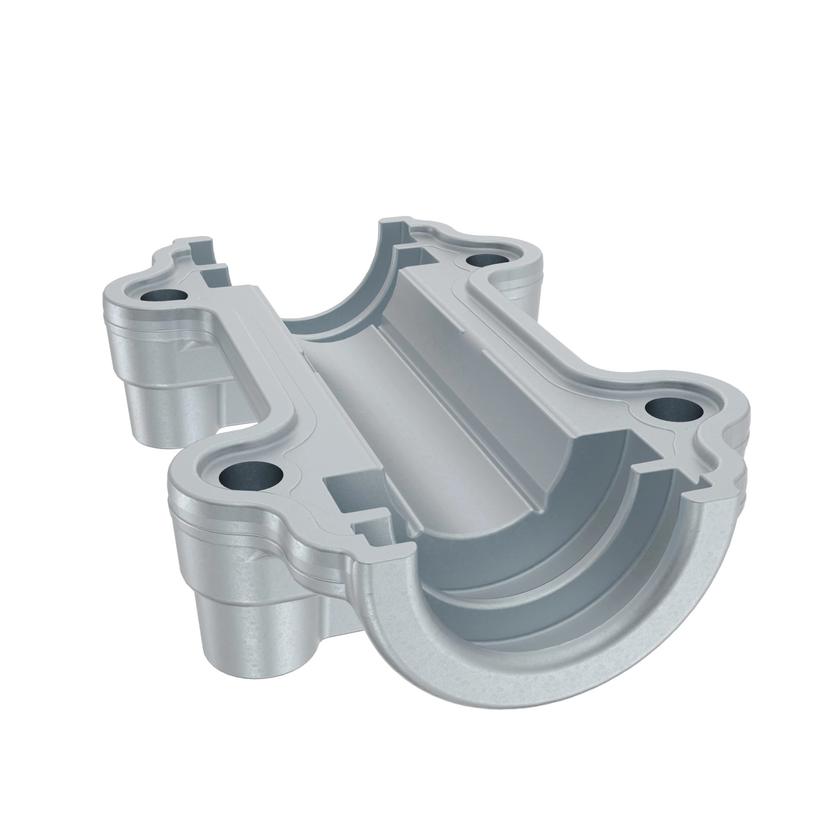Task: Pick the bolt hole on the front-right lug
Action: tap(674, 409)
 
